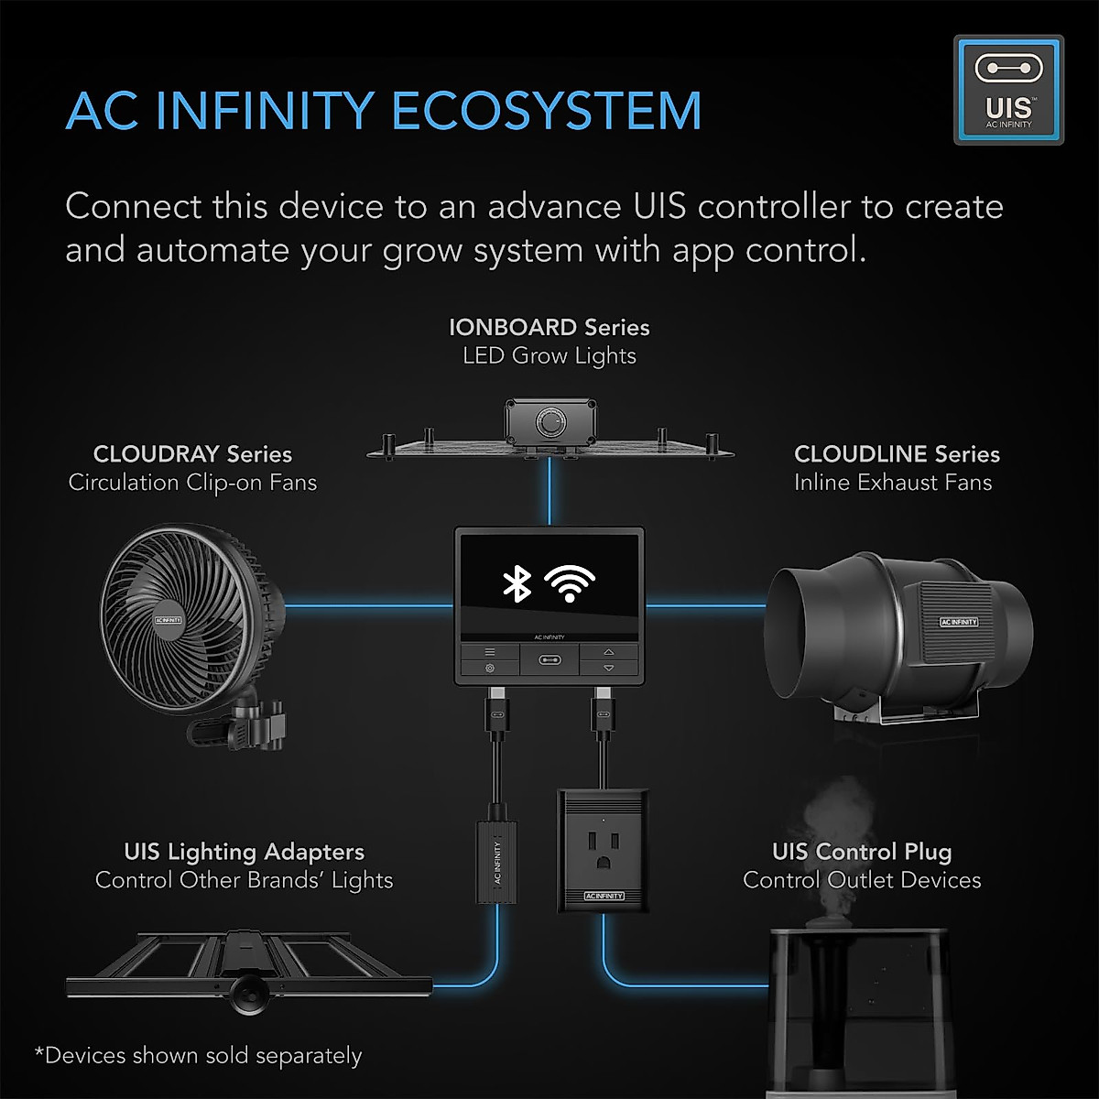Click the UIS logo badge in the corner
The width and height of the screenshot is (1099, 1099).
(1008, 90)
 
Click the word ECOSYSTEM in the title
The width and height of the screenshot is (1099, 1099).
(547, 111)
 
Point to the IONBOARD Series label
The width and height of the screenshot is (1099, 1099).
(549, 327)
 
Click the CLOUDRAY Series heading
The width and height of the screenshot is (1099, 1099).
(192, 454)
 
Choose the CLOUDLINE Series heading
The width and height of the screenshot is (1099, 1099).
(897, 454)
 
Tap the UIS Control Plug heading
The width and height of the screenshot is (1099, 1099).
(861, 852)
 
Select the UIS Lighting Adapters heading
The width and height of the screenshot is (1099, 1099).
(244, 852)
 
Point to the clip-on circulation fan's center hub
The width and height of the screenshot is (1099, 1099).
(169, 620)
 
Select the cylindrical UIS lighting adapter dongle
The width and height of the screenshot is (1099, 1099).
(495, 861)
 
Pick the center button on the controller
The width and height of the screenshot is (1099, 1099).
(549, 658)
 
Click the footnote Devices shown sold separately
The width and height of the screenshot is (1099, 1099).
(198, 1055)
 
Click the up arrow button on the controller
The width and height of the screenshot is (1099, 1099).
(609, 651)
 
